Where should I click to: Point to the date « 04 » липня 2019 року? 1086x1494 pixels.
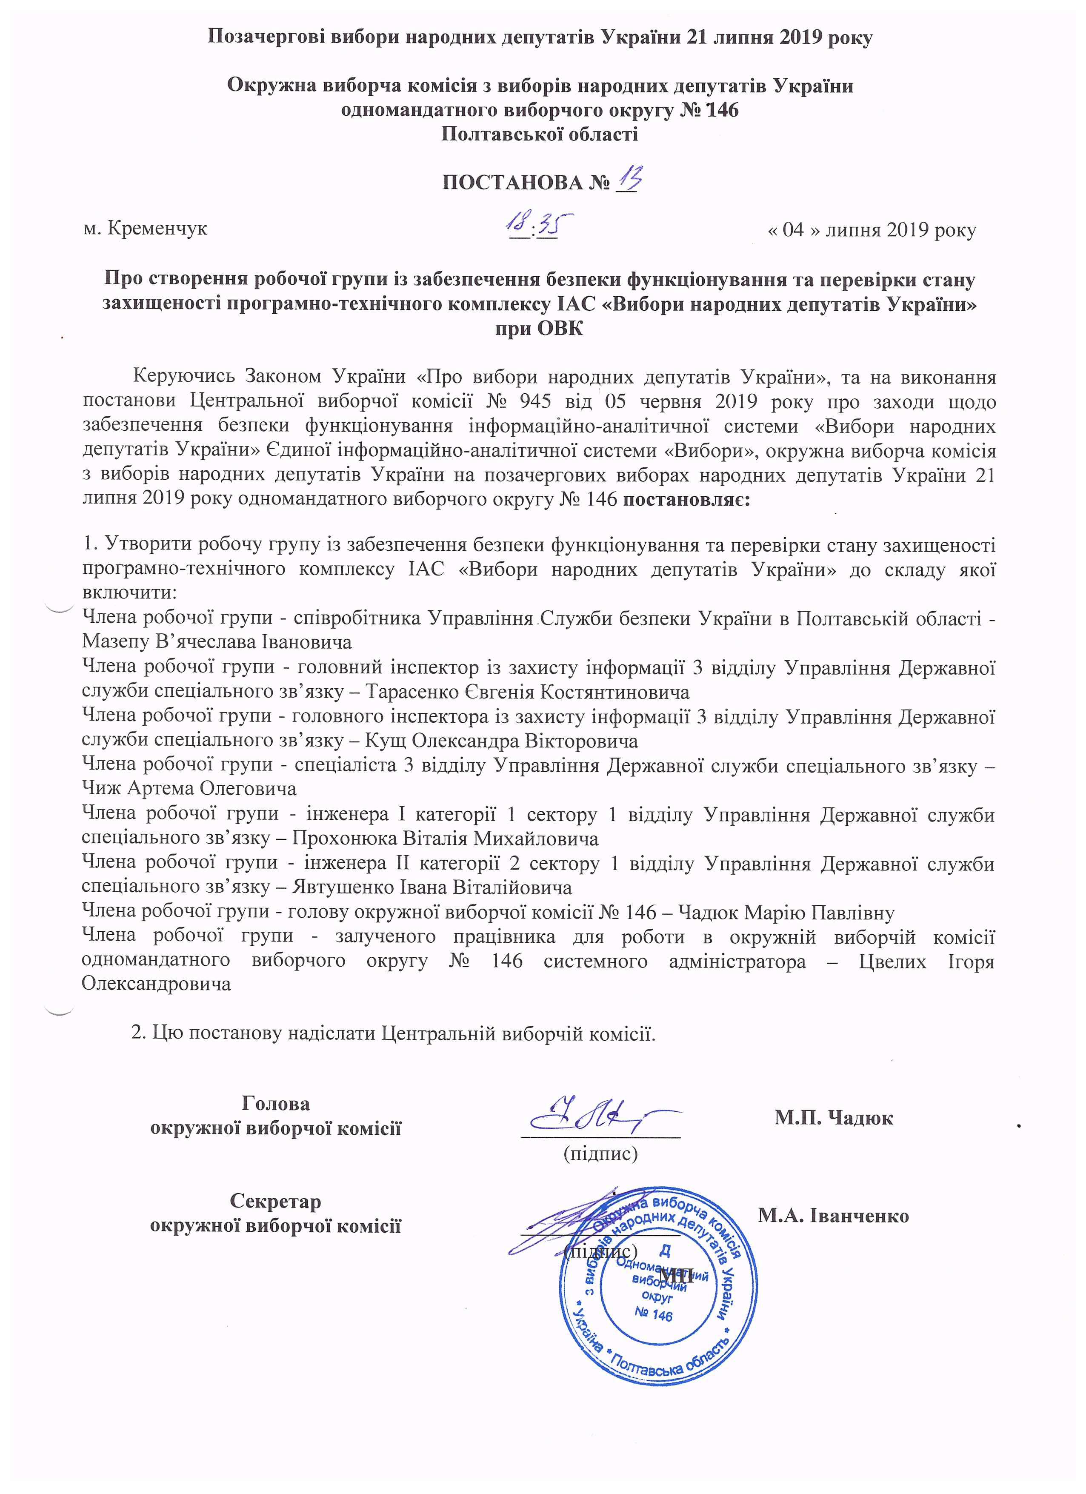pyautogui.click(x=871, y=230)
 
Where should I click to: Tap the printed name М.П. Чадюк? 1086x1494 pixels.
pyautogui.click(x=834, y=1118)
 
